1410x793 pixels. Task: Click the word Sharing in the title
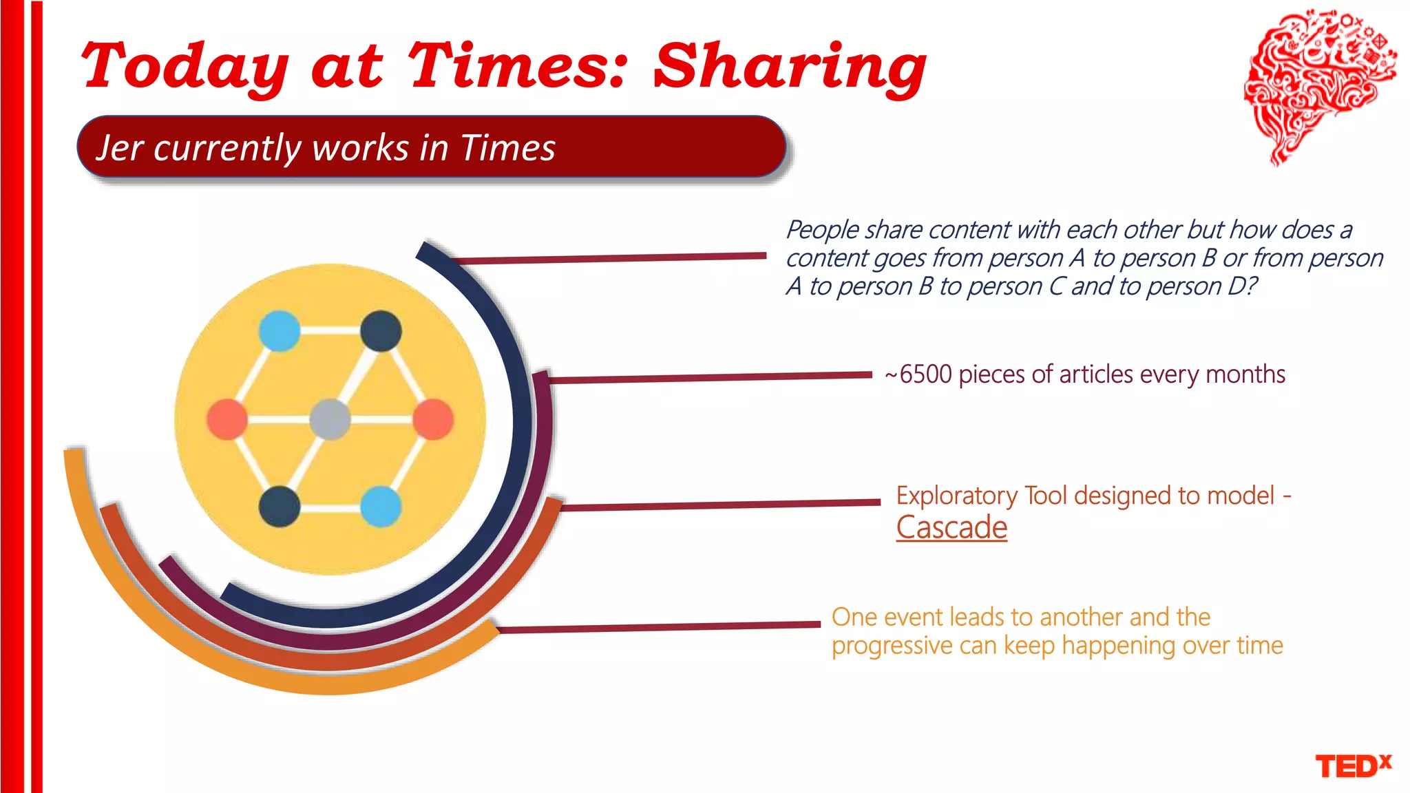pos(790,67)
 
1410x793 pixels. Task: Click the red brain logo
pos(1318,83)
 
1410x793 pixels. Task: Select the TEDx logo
pos(1353,765)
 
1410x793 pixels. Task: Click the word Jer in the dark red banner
pos(120,148)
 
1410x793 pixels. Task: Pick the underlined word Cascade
pos(951,528)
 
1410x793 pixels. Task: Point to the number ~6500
pos(918,374)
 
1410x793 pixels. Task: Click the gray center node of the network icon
pos(330,419)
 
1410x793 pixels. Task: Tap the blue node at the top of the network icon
pos(280,331)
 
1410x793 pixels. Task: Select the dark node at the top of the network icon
pos(381,331)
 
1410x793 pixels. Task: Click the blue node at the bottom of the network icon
pos(381,507)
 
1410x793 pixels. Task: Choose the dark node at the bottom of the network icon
pos(280,507)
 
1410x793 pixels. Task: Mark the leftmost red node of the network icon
pos(227,419)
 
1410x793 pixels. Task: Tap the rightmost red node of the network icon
pos(433,419)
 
